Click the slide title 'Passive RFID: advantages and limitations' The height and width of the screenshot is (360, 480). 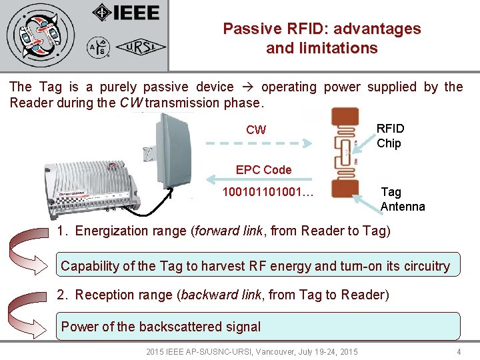click(x=321, y=39)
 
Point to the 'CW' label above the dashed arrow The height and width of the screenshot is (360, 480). click(x=256, y=130)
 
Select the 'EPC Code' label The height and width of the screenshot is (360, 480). click(x=263, y=169)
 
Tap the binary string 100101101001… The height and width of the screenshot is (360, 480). click(x=268, y=193)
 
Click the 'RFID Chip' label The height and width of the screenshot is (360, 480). click(x=390, y=135)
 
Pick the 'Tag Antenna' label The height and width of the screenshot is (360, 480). click(x=402, y=199)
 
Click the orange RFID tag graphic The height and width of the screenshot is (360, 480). click(x=344, y=153)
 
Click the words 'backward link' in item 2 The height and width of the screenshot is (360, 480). click(x=221, y=295)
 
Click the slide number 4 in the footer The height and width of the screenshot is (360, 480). click(x=459, y=351)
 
